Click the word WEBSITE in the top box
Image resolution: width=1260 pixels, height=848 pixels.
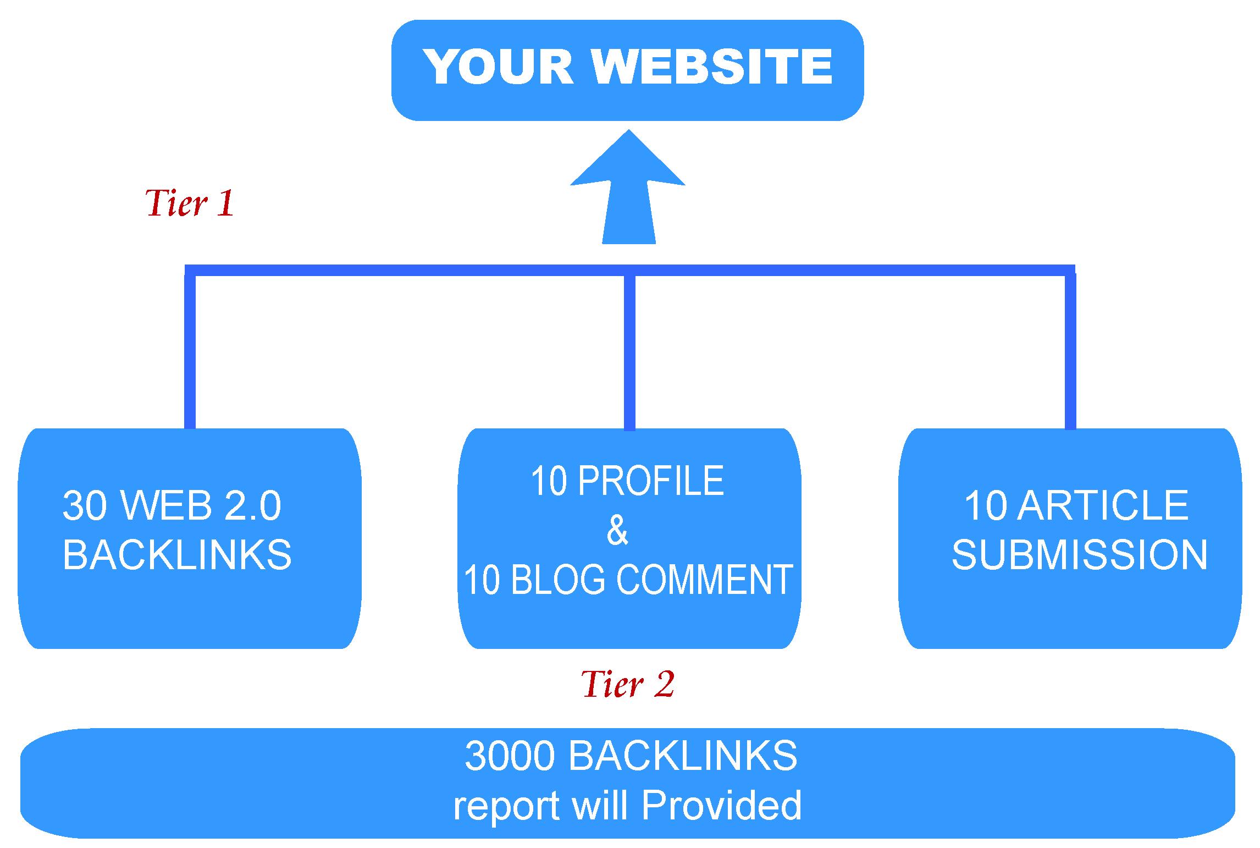[712, 67]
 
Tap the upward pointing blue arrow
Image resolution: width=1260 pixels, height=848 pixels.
[628, 187]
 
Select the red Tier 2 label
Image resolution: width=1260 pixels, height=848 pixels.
[628, 685]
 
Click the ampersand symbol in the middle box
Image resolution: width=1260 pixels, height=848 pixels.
[617, 530]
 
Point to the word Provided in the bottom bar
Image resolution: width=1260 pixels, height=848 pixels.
[721, 805]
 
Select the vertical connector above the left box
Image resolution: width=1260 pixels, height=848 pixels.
[190, 352]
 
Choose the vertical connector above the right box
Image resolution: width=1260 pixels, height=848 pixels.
[1070, 352]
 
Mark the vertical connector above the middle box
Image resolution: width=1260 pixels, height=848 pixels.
[629, 352]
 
